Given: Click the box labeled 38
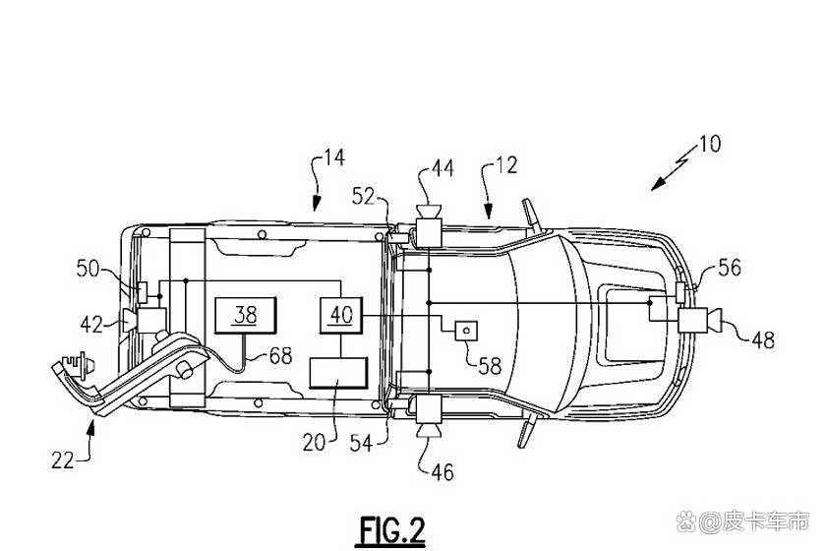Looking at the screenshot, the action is (x=245, y=315).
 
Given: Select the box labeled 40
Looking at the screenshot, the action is (x=341, y=315).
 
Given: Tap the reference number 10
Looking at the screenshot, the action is (x=710, y=144).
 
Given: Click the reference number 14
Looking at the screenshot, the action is (x=334, y=157).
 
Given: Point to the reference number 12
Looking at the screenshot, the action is (x=506, y=165).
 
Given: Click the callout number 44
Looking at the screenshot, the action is (x=442, y=168).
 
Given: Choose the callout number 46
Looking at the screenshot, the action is (x=442, y=472).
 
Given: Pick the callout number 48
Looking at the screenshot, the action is (x=763, y=340).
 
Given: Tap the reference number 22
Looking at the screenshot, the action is (x=63, y=460).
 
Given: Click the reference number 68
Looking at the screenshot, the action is (x=280, y=356).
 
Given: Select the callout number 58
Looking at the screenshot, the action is (x=490, y=366).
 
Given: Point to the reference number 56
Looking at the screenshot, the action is (x=730, y=268).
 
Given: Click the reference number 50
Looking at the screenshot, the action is (x=88, y=269).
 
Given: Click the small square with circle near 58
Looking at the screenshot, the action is (x=466, y=332).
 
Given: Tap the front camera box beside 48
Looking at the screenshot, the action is (x=692, y=320).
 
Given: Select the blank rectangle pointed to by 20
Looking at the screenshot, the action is (x=337, y=373).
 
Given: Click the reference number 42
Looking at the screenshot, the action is (x=91, y=325).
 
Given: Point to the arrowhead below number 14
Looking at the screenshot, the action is (x=316, y=203).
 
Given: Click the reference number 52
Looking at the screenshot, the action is (x=364, y=197).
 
